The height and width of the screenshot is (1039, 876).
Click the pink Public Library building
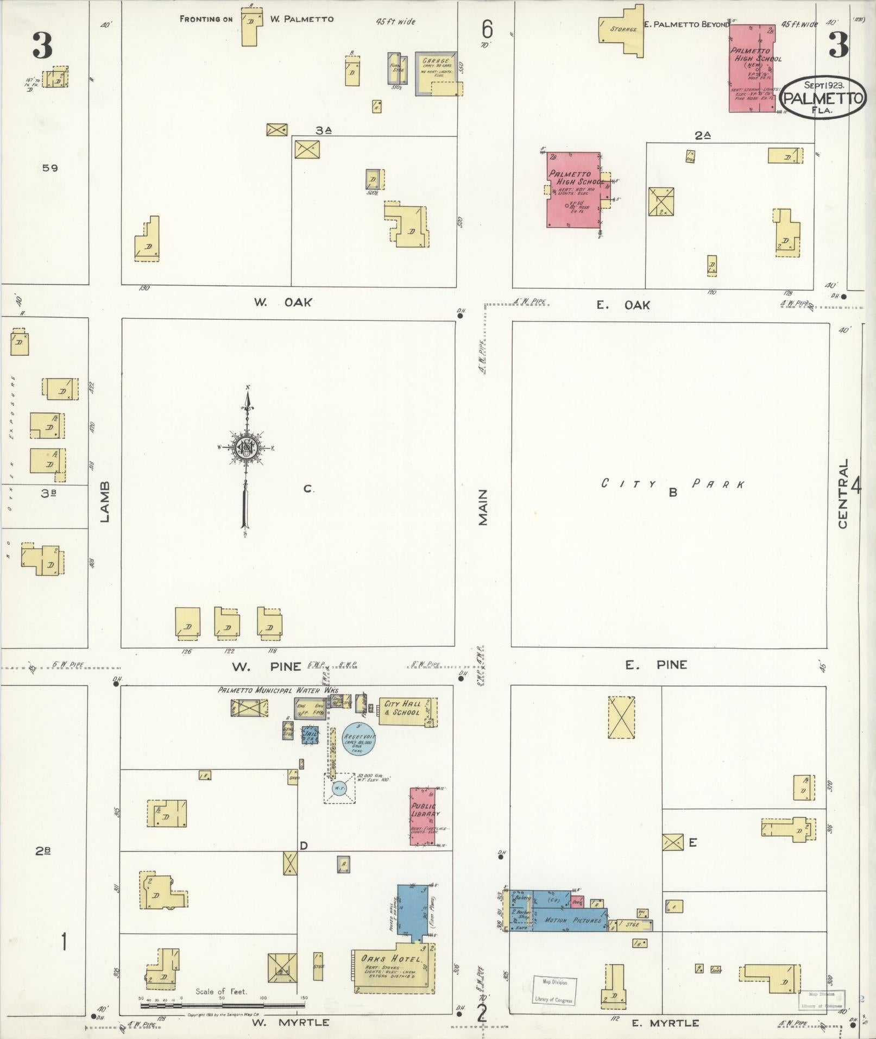[423, 816]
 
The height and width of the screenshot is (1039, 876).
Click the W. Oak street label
[282, 303]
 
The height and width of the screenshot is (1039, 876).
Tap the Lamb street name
[105, 501]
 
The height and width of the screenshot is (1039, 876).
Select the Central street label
[843, 494]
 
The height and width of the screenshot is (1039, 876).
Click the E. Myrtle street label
[665, 1023]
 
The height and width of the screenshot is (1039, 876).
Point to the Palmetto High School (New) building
[752, 68]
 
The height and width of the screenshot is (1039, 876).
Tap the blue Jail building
[310, 734]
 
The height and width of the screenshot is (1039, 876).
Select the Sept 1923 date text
[823, 85]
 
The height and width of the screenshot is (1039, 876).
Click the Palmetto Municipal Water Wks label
[278, 690]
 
